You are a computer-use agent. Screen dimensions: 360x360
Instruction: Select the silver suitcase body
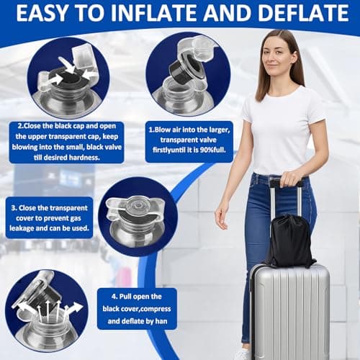tap(289, 310)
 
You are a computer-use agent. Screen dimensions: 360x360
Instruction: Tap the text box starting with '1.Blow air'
tap(189, 141)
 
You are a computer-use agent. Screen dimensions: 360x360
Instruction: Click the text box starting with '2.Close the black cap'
tap(76, 142)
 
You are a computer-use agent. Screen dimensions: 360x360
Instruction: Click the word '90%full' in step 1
tap(207, 153)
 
